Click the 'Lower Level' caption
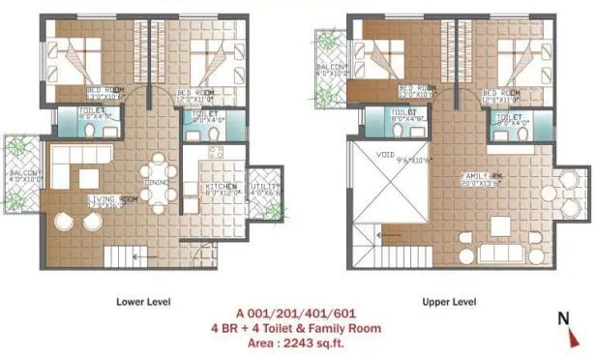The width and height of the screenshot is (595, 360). (143, 302)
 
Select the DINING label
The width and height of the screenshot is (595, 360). (159, 179)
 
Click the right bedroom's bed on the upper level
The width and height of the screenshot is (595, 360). (508, 60)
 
